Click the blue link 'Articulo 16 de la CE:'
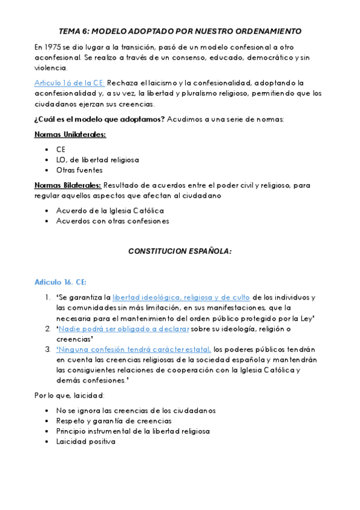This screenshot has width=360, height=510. tap(69, 82)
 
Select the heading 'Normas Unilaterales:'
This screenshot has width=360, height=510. tap(70, 134)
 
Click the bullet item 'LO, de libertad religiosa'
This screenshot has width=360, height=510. tap(97, 160)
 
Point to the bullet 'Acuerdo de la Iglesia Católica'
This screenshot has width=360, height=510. tap(110, 211)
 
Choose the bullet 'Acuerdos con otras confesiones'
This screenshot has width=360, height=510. tap(112, 221)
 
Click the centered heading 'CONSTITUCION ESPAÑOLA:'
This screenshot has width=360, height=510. tap(180, 251)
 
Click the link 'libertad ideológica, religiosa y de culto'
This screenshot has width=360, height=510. tap(181, 297)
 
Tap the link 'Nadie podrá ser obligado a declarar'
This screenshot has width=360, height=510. tap(124, 328)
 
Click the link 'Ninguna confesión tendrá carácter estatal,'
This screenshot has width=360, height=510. tap(134, 349)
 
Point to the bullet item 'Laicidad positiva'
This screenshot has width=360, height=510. tap(85, 441)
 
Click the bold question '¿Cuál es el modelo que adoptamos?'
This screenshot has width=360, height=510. tap(100, 118)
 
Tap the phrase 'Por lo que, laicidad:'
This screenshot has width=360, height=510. tap(70, 395)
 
